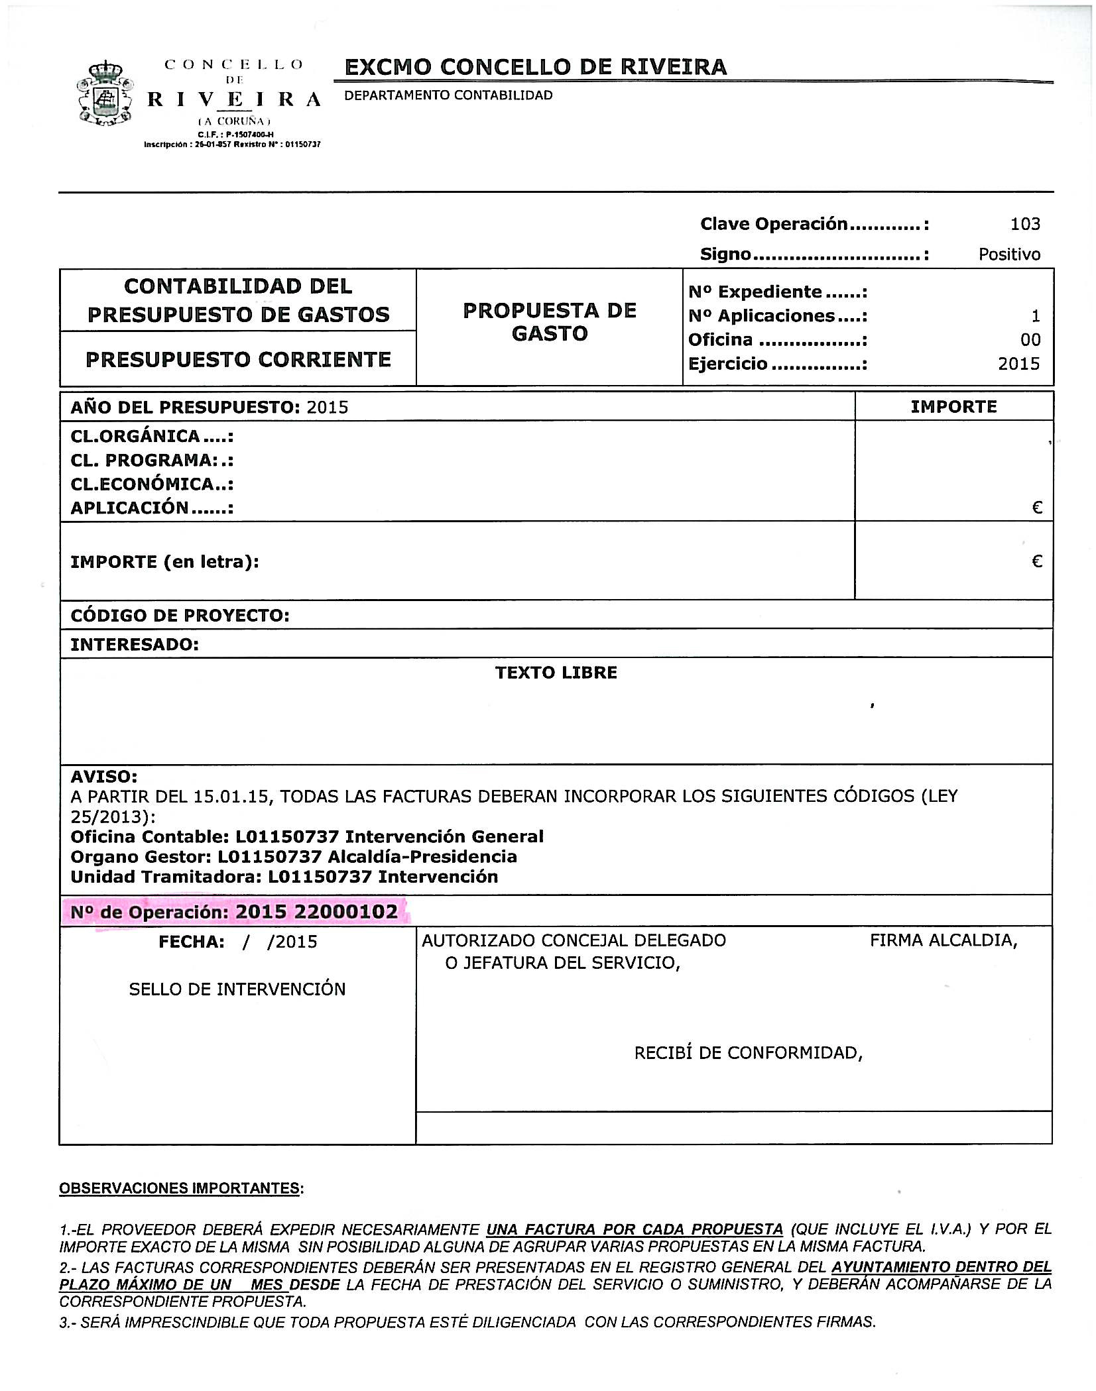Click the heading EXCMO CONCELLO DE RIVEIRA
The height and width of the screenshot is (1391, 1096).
tap(536, 67)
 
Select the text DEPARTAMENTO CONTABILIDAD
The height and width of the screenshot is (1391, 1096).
tap(448, 95)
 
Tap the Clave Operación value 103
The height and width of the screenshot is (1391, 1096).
tap(1024, 224)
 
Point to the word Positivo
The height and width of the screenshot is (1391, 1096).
tap(1009, 254)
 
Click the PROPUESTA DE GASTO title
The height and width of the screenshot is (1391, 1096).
tap(549, 322)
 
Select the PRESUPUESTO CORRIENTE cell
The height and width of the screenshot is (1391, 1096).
tap(238, 359)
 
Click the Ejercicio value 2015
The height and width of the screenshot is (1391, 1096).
tap(1018, 364)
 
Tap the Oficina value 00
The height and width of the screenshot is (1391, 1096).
tap(1030, 340)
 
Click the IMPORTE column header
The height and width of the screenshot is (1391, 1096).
tap(953, 406)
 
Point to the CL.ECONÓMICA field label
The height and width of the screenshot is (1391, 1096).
tap(152, 484)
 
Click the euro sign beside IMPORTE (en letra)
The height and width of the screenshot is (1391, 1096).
tap(1037, 562)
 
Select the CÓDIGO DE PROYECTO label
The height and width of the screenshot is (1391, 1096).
tap(180, 616)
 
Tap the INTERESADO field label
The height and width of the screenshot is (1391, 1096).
tap(135, 644)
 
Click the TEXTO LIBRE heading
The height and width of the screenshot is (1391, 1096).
tap(556, 673)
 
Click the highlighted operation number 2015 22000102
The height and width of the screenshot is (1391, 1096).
tap(316, 912)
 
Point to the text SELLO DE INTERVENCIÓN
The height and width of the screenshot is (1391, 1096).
tap(237, 989)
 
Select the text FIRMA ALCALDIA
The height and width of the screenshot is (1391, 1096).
tap(943, 940)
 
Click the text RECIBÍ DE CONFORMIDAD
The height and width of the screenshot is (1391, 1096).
tap(748, 1053)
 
